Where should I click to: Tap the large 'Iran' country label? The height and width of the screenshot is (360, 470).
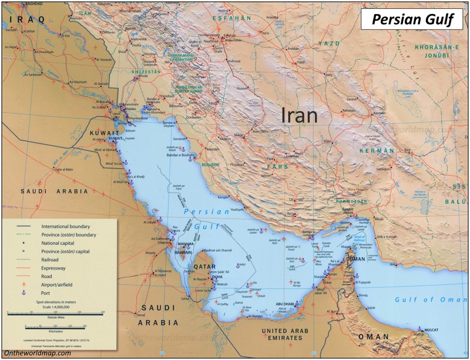point(300,115)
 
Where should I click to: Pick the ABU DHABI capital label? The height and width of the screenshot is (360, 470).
point(272,304)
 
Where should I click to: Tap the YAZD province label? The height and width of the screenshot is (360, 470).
point(329,43)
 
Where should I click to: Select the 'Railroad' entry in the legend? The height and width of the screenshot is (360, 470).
point(50,259)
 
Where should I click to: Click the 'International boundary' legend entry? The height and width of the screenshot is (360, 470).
point(65,226)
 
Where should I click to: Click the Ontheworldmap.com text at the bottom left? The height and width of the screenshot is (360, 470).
point(37,353)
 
